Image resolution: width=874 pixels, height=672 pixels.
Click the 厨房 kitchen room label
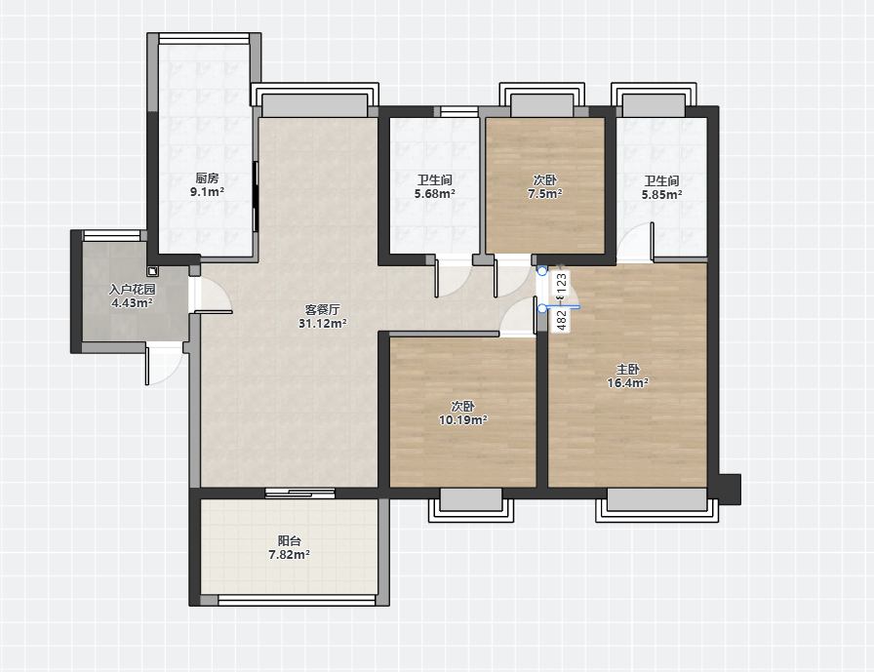tap(207, 178)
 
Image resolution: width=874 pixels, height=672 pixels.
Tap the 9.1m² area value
tap(207, 192)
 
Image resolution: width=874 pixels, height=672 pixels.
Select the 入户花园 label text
tap(132, 290)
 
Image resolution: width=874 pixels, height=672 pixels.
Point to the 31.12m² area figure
tap(323, 324)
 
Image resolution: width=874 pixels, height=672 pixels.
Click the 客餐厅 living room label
tap(323, 310)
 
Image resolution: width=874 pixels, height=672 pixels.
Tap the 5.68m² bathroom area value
tap(435, 194)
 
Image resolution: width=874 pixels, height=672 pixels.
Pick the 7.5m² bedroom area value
tap(545, 194)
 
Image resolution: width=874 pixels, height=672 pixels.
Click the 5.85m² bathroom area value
tap(661, 195)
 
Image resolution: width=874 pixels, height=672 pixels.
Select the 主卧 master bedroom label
tap(627, 369)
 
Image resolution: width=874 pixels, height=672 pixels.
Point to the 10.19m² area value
tap(463, 420)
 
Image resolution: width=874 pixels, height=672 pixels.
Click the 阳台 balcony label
tap(290, 541)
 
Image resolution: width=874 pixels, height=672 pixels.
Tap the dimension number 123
tap(562, 284)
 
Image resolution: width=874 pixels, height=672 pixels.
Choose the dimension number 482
tap(562, 320)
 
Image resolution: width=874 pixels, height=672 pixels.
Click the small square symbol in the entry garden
tap(153, 272)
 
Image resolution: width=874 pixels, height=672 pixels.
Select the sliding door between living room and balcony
tap(299, 493)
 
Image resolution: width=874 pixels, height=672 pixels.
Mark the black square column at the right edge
tap(730, 490)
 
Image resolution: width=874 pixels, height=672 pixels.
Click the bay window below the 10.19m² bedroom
tap(471, 505)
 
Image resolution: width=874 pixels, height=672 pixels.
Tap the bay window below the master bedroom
tap(657, 505)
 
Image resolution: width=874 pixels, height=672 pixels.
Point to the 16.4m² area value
tap(627, 382)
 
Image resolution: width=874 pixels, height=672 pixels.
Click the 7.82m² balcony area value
tap(290, 555)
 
